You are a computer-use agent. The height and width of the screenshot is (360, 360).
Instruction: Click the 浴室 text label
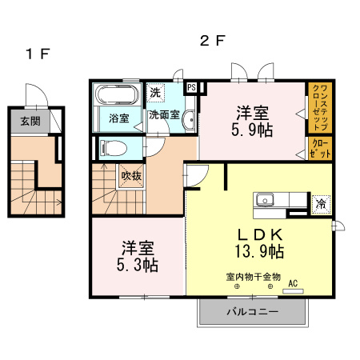click(118, 118)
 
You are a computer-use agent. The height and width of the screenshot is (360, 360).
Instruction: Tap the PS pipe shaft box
click(191, 87)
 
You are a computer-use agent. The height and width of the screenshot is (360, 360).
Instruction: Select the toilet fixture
click(114, 147)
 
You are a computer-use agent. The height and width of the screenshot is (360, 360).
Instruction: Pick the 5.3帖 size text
click(139, 263)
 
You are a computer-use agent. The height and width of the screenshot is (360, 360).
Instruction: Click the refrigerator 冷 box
click(320, 202)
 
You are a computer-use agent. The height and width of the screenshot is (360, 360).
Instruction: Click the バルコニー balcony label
click(251, 311)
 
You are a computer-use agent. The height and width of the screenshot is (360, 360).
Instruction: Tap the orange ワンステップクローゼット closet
click(317, 107)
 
